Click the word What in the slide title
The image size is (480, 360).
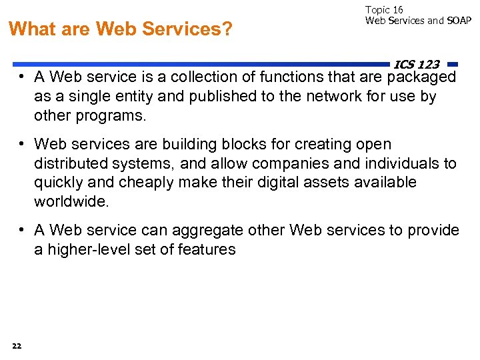[31, 29]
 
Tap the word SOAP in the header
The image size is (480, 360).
[459, 21]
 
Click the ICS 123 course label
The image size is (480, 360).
[417, 64]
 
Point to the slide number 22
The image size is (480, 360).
[17, 345]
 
